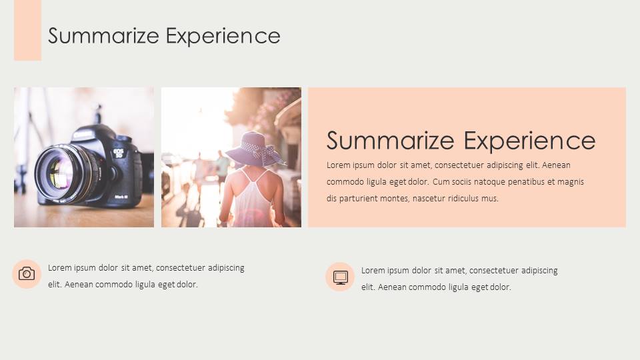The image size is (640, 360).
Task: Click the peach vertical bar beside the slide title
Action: point(27,30)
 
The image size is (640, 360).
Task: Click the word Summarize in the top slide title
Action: point(104,36)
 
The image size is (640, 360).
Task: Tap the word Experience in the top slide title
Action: point(223,37)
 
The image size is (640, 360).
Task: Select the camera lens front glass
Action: point(60,173)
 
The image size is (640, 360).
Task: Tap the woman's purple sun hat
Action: point(255,149)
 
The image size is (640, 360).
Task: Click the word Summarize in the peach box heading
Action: point(390,141)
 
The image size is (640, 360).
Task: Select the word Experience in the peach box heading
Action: point(529,141)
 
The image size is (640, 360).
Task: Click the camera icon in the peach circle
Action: point(27,274)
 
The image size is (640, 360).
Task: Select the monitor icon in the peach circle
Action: point(340,277)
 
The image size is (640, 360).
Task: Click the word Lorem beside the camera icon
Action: point(59,268)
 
